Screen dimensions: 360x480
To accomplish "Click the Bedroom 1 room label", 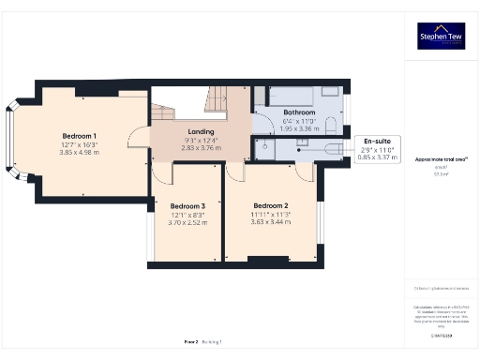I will point(80,136).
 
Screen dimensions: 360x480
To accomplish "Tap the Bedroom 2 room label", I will point(270,204).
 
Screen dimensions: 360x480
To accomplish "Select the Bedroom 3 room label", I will point(187,205).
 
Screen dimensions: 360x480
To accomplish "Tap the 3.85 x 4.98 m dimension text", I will point(80,153).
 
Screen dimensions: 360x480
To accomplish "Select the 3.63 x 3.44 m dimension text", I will point(270,221).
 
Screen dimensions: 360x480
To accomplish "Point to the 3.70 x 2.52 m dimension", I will point(187,222).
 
